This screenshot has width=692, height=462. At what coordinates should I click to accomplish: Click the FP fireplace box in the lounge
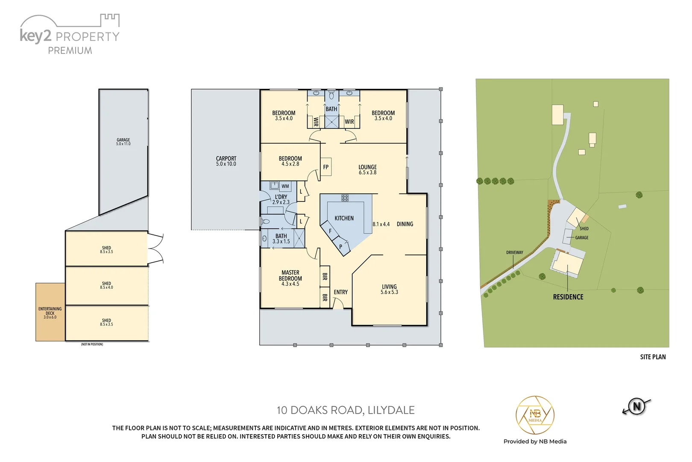point(326,167)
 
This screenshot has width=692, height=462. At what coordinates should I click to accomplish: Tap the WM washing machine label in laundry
point(285,186)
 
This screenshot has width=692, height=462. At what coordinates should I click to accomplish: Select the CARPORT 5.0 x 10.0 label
point(226,161)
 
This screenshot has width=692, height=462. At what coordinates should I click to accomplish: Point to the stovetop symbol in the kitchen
point(345,198)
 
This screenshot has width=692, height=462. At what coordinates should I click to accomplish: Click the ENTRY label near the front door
point(340,292)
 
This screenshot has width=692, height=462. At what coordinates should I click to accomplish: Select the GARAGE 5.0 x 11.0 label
point(123,142)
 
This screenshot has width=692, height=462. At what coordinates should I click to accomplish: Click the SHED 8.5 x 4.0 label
point(106,285)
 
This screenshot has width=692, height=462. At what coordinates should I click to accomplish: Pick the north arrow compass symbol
point(636,406)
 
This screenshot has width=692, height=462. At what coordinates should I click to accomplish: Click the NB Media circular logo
point(535,415)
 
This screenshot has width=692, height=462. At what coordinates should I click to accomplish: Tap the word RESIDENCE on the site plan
point(568,297)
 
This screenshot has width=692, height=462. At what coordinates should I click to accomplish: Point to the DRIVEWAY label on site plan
point(514,252)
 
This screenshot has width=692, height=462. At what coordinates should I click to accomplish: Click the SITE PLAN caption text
point(652,357)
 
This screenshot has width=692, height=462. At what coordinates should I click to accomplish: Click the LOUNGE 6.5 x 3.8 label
point(367,169)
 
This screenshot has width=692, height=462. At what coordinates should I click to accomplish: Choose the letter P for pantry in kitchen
point(340,246)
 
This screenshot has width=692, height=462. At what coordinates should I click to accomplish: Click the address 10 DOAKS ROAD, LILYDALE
point(346,410)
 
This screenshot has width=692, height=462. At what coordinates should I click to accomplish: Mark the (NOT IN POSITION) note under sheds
point(92,344)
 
